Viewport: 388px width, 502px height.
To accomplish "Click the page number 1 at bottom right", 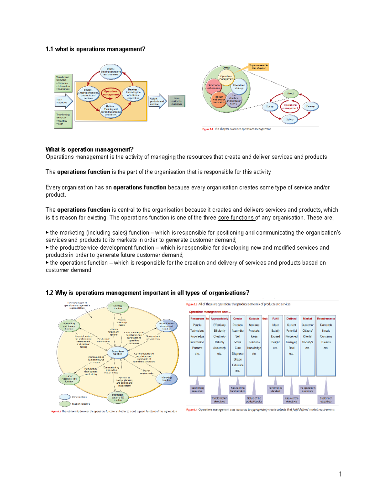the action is click(x=340, y=474).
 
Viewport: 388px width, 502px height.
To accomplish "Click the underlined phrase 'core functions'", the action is click(x=236, y=218).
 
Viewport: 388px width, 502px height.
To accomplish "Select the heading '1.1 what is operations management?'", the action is click(x=95, y=49).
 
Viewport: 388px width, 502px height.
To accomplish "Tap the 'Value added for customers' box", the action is click(x=177, y=101).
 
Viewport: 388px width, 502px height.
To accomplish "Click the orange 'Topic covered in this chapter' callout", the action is click(x=258, y=67).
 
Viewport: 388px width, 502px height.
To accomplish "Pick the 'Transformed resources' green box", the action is click(x=63, y=83).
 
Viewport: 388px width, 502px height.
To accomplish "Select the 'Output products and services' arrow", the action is click(x=157, y=101).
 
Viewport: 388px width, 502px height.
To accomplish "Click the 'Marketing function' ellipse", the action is click(x=167, y=379).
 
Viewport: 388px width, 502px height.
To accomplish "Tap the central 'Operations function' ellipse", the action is click(x=117, y=352).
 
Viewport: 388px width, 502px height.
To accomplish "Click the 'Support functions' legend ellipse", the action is click(x=65, y=404).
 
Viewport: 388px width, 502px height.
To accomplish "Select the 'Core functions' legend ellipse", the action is click(x=65, y=397).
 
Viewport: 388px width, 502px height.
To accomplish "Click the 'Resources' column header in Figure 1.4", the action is click(x=197, y=319).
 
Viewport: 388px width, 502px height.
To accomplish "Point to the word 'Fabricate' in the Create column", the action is click(x=238, y=365).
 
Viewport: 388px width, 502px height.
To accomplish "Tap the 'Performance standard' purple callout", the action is click(x=275, y=389).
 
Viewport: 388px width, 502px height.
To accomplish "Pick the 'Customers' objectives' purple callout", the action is click(x=326, y=400).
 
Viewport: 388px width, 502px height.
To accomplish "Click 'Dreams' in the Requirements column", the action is click(x=326, y=342).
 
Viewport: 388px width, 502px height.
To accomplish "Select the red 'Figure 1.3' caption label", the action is click(x=191, y=304).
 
